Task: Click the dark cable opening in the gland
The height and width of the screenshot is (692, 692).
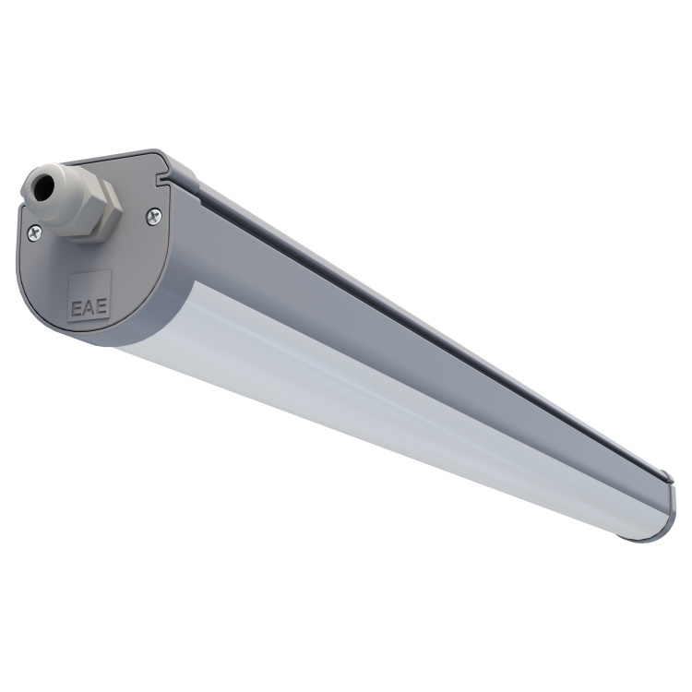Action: pos(42,185)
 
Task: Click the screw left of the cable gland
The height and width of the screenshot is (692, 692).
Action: pos(34,233)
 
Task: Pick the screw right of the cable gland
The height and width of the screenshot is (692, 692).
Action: pos(153,216)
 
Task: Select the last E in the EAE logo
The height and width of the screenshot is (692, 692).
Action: pos(101,306)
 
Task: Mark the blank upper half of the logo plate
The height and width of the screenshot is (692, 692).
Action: pos(89,286)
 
